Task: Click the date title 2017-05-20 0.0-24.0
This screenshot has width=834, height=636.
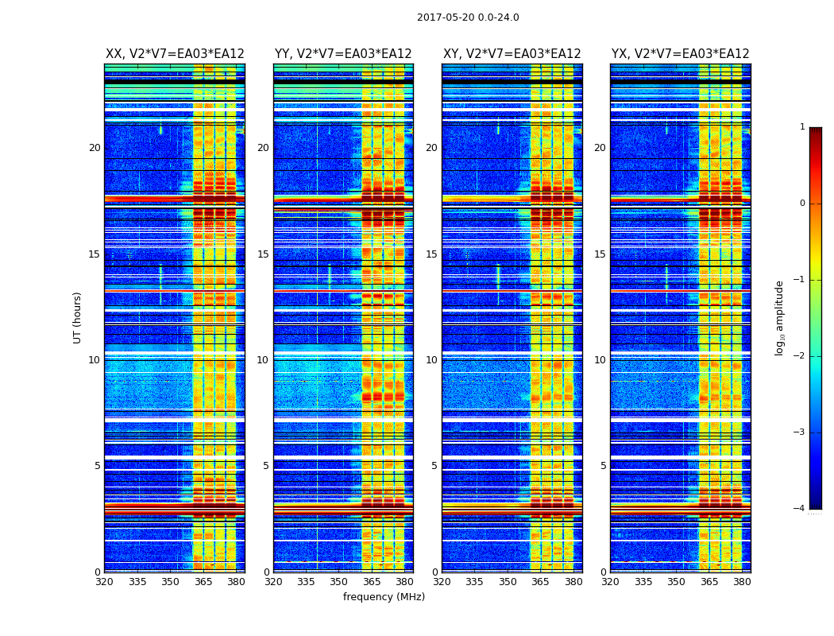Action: point(468,17)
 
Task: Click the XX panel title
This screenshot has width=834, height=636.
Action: point(175,54)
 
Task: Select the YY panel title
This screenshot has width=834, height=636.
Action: point(343,54)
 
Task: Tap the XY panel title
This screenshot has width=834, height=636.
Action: point(512,54)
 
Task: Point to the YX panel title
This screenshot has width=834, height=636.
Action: point(680,54)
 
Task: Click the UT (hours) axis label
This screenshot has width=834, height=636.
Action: point(78,317)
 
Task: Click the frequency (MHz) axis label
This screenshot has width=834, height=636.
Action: point(384,597)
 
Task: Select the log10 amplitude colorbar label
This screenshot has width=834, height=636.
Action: point(780,317)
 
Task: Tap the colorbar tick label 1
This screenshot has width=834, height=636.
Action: point(801,127)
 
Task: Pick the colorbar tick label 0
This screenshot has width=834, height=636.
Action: point(801,204)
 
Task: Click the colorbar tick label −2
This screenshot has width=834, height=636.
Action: point(800,356)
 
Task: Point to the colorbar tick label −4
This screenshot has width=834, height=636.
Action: point(800,509)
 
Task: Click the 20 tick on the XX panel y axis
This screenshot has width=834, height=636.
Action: point(95,148)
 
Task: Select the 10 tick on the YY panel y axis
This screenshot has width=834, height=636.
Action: point(263,360)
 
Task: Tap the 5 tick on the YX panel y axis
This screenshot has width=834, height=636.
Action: point(603,466)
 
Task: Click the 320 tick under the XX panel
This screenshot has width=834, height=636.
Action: point(104,582)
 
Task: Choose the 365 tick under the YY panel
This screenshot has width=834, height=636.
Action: point(372,582)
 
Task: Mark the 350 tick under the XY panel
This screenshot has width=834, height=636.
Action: point(508,582)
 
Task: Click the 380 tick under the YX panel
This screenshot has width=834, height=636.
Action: point(742,582)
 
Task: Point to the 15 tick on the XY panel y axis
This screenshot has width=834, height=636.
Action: point(431,254)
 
